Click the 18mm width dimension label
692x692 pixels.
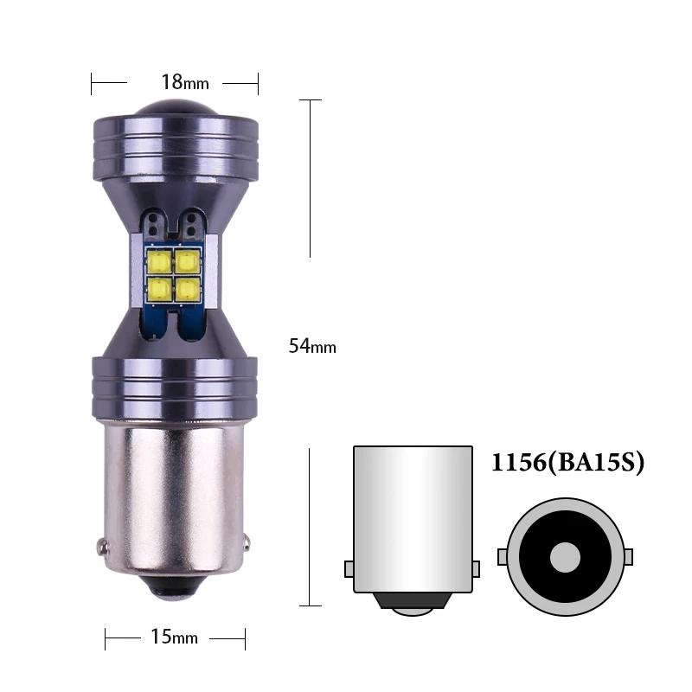[x=185, y=82]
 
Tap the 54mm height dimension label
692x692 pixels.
[x=312, y=347]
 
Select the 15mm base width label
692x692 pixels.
[x=174, y=638]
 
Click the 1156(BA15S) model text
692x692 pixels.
[x=568, y=463]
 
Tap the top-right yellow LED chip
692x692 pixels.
[x=187, y=261]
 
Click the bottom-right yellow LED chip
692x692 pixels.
[x=187, y=288]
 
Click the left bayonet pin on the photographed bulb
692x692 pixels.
[x=103, y=547]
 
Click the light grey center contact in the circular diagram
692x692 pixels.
[x=566, y=556]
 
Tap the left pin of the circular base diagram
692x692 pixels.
[x=503, y=556]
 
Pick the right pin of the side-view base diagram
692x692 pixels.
[x=476, y=568]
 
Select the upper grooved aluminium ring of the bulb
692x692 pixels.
[x=175, y=143]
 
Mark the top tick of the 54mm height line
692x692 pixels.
[x=310, y=100]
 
